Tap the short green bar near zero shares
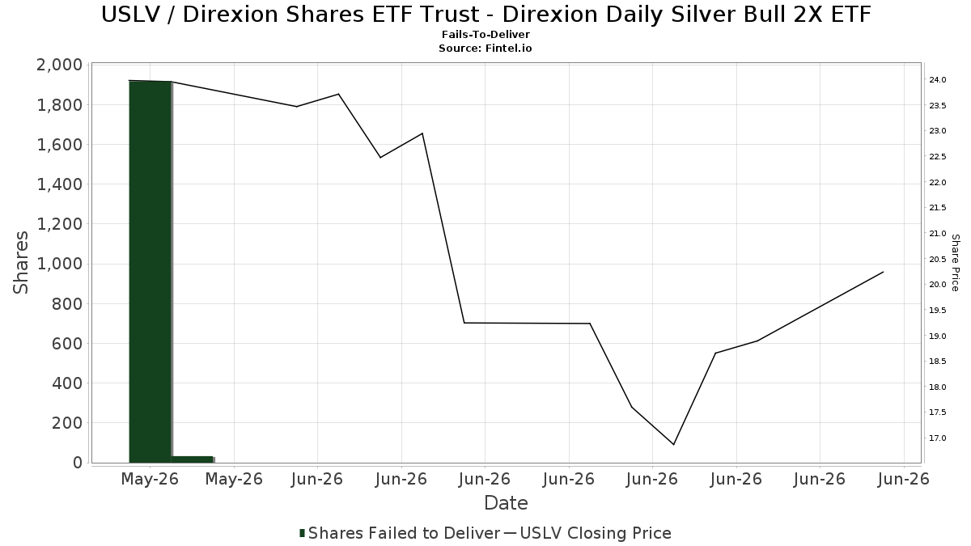[192, 459]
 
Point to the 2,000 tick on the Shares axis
[59, 65]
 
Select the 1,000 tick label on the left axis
[59, 264]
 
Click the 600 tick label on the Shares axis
[67, 344]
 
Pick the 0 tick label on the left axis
[78, 463]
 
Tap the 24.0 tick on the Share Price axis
[937, 80]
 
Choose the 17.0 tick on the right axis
[937, 438]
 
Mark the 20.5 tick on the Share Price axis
[937, 259]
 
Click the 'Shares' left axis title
[20, 263]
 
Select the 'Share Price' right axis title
[955, 263]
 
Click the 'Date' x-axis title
[506, 503]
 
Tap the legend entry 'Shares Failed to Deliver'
[404, 533]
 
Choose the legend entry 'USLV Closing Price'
[596, 533]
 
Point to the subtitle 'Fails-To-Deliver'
[485, 34]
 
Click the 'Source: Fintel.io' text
[485, 48]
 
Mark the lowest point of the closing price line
[673, 444]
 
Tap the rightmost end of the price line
[884, 272]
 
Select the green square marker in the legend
[302, 533]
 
